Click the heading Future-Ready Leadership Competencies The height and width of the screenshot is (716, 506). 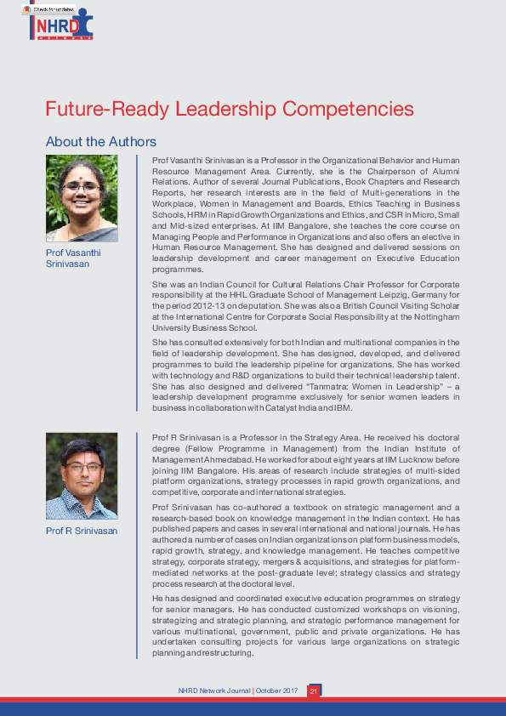pyautogui.click(x=230, y=110)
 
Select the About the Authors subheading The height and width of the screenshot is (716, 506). pyautogui.click(x=100, y=141)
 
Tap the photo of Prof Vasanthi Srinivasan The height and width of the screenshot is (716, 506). pyautogui.click(x=82, y=197)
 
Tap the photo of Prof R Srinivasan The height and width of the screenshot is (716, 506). pyautogui.click(x=82, y=476)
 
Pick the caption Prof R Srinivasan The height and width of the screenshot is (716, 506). pyautogui.click(x=82, y=531)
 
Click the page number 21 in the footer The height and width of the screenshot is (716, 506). pyautogui.click(x=313, y=691)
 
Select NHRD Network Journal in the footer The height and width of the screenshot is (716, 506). pyautogui.click(x=213, y=691)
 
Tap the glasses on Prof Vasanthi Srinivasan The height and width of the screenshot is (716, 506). pyautogui.click(x=82, y=187)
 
